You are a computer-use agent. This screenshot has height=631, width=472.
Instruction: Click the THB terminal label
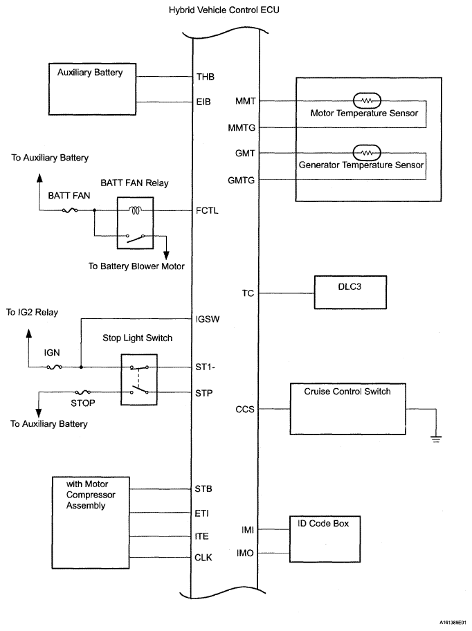(x=206, y=77)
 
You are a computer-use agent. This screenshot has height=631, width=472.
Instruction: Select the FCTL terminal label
(x=208, y=210)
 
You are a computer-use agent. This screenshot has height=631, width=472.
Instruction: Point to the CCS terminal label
(x=245, y=410)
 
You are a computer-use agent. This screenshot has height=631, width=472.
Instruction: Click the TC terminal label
(x=248, y=293)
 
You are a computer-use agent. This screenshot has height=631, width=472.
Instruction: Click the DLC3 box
(x=351, y=293)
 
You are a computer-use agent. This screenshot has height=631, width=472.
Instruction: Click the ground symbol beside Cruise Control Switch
(x=435, y=436)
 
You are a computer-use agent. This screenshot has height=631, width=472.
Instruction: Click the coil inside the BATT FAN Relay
(x=136, y=210)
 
